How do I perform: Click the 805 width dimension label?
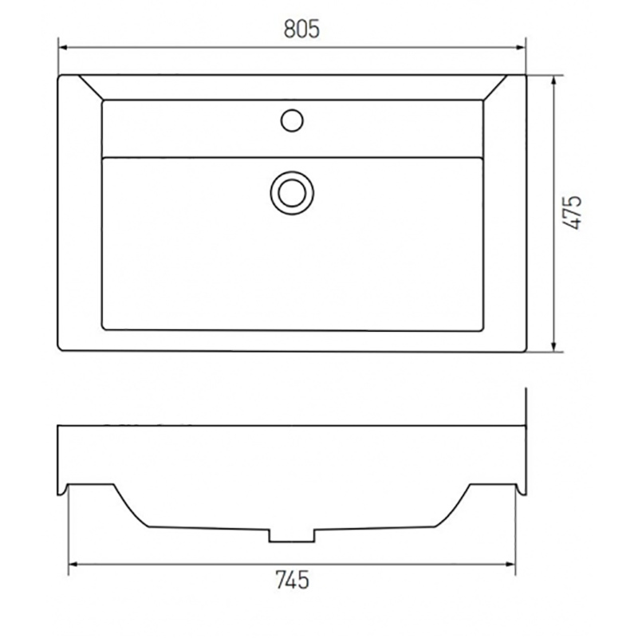point(301,30)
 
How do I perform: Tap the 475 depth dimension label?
point(573,212)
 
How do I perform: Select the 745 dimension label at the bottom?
point(292,580)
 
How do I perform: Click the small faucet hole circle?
point(292,120)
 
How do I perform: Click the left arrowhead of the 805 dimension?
point(64,48)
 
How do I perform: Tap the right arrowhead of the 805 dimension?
point(521,48)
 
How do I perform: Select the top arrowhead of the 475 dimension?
point(553,81)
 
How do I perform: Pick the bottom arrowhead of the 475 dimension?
point(553,346)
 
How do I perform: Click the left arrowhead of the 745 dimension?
point(73,565)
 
